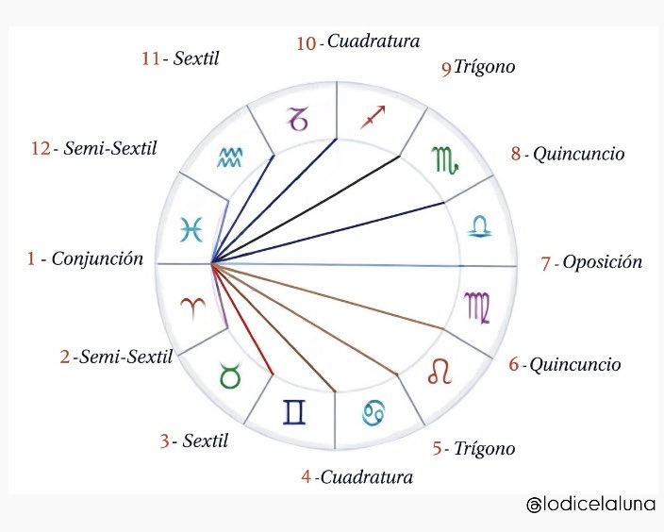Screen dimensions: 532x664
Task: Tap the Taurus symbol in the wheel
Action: (x=229, y=376)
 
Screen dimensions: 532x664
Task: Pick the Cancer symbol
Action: (x=373, y=412)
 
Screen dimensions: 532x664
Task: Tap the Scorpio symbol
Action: (x=445, y=158)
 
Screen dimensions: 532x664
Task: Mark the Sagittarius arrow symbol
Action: (x=374, y=120)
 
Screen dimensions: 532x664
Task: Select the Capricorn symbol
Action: (x=299, y=120)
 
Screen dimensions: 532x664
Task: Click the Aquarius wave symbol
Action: (x=229, y=158)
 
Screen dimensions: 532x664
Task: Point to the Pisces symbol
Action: (x=191, y=227)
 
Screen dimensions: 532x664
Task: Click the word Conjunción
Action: (x=97, y=258)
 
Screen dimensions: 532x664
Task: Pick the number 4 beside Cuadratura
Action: (x=306, y=476)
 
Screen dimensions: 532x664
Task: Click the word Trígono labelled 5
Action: (x=485, y=449)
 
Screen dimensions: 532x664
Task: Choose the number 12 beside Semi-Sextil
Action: (x=39, y=149)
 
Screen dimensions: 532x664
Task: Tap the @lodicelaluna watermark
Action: (x=590, y=507)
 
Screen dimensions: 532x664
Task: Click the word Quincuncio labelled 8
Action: (x=578, y=154)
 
